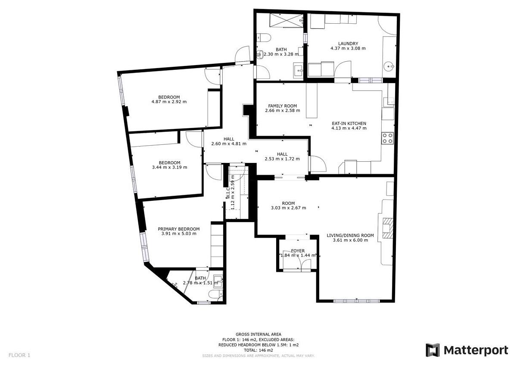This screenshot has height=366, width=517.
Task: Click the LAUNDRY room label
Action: click(x=348, y=44)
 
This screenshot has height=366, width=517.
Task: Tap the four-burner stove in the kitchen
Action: click(x=387, y=138)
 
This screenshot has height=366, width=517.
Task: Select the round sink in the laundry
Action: click(x=389, y=67)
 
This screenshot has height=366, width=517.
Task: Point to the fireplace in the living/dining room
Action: click(x=387, y=228)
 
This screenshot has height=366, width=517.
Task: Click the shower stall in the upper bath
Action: click(x=286, y=20)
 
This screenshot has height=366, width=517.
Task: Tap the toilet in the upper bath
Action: click(x=264, y=38)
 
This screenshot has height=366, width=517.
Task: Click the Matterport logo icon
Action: click(x=433, y=350)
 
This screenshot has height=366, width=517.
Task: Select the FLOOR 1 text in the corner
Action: click(x=19, y=355)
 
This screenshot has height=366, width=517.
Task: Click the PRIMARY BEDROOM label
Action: click(x=179, y=229)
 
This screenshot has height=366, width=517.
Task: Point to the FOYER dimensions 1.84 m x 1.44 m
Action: click(x=298, y=255)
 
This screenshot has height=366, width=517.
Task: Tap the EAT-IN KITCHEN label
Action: click(x=349, y=123)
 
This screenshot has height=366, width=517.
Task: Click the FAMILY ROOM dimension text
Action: click(x=283, y=110)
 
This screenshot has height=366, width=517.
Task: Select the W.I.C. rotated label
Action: click(x=227, y=193)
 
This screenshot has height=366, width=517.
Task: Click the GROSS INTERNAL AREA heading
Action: click(x=258, y=334)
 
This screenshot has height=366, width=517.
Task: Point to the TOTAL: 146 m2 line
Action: click(x=258, y=350)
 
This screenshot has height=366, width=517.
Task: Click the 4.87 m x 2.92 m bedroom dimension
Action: click(x=169, y=102)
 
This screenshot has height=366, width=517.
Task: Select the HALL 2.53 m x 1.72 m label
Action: click(x=282, y=156)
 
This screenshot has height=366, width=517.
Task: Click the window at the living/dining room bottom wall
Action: click(x=356, y=301)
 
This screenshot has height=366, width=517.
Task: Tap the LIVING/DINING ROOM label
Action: click(x=350, y=235)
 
